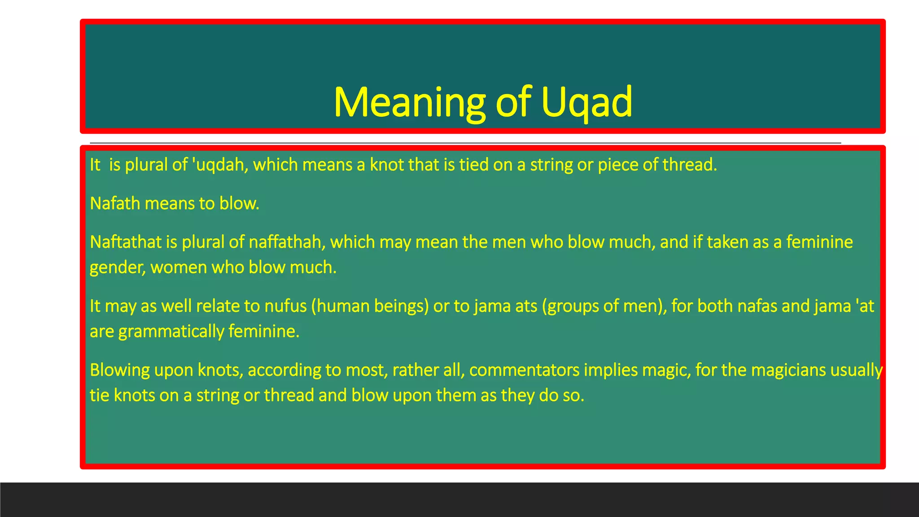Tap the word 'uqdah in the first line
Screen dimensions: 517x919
[x=220, y=165]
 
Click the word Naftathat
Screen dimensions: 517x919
[x=125, y=242]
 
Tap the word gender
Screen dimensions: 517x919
[x=117, y=268]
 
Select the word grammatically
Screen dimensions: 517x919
[x=171, y=332]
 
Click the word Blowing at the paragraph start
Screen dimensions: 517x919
[x=120, y=370]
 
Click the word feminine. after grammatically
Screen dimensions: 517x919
[x=264, y=332]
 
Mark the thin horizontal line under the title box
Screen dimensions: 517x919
[x=465, y=143]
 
